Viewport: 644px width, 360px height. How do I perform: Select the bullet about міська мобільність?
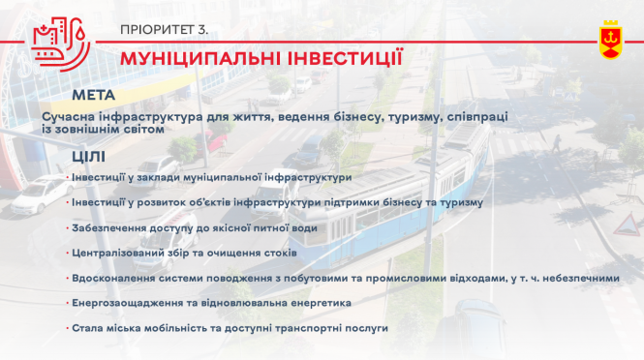coord(230,328)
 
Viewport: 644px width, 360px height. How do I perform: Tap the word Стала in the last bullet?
coord(87,328)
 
